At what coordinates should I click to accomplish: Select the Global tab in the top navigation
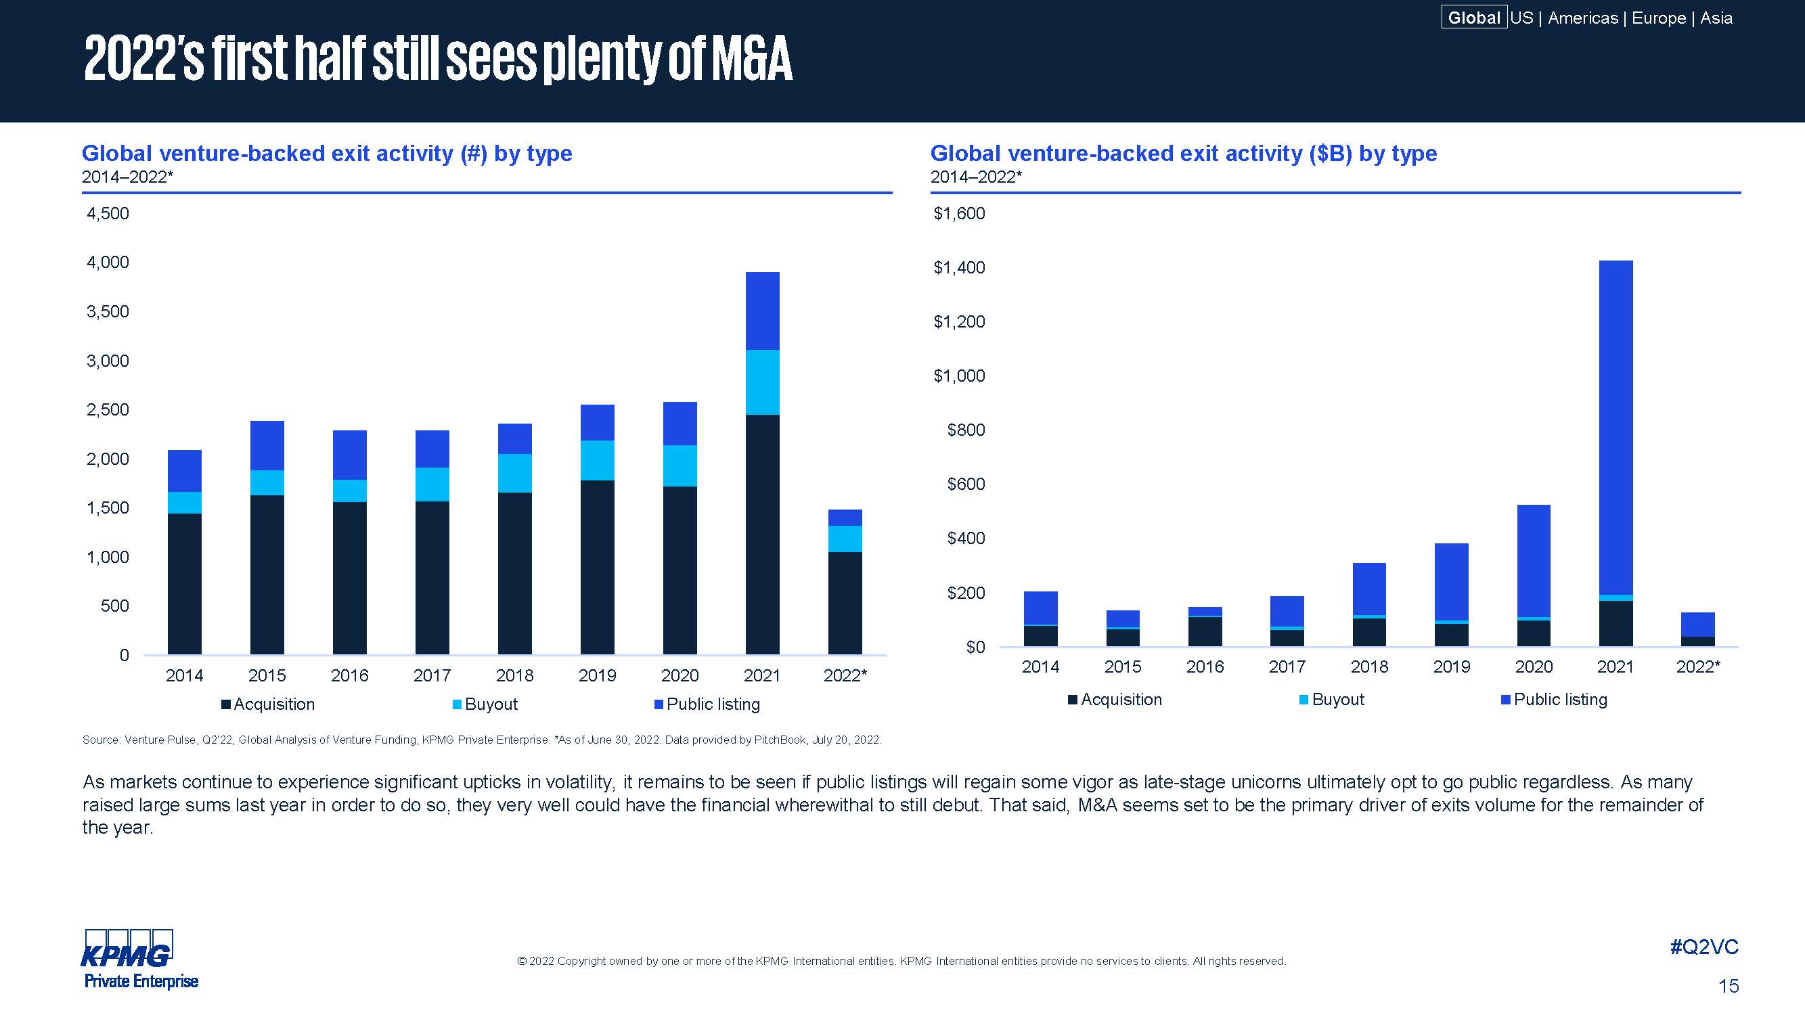click(1473, 18)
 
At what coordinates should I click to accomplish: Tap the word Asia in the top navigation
click(1716, 18)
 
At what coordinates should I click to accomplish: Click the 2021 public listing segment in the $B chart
click(1615, 427)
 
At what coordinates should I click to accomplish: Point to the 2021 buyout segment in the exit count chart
click(762, 382)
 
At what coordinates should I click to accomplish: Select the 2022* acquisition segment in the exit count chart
click(845, 603)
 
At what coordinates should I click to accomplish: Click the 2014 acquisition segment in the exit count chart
click(184, 583)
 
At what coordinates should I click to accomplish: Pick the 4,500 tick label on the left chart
click(108, 213)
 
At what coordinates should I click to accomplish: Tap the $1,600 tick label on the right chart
click(958, 213)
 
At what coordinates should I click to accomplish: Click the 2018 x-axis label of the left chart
click(514, 675)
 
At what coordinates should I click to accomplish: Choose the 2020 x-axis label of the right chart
click(1533, 666)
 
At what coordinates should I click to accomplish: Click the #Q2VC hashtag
click(1704, 947)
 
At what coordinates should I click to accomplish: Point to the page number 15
click(1728, 987)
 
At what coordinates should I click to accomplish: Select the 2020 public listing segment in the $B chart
click(1533, 560)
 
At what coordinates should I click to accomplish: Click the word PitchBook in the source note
click(779, 740)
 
